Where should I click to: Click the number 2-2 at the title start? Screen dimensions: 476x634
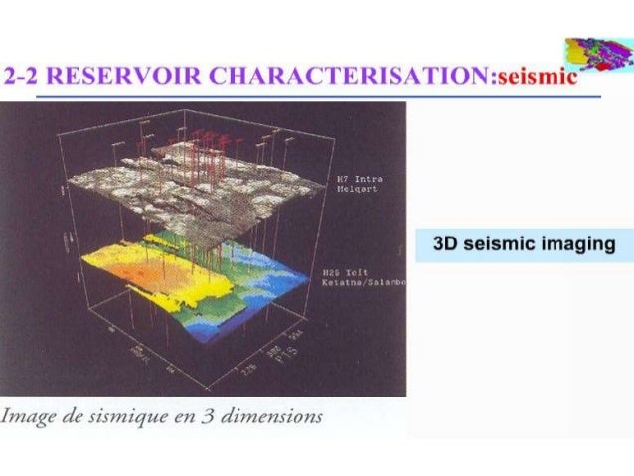point(21,78)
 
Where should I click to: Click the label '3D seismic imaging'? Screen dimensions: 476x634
point(525,244)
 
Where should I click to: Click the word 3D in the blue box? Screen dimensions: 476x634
point(448,244)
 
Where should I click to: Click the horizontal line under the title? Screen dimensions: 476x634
point(318,97)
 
